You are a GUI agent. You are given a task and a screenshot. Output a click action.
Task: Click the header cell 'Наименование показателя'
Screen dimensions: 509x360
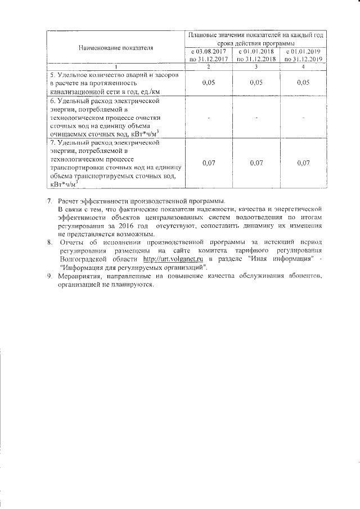[116, 47]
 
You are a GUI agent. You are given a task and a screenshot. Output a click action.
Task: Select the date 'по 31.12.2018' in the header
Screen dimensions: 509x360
[256, 58]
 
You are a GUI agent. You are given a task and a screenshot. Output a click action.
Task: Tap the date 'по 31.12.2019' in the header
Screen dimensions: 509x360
[303, 58]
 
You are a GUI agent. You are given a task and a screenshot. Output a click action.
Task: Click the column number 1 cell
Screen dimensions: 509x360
[116, 67]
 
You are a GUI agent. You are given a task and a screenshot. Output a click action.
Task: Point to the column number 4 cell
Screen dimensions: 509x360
[303, 67]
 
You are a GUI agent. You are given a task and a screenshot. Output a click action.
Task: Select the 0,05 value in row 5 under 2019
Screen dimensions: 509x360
[303, 83]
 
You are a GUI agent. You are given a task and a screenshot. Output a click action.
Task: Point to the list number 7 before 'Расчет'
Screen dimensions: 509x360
[49, 201]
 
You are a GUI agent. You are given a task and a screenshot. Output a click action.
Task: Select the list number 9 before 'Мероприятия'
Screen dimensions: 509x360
[49, 277]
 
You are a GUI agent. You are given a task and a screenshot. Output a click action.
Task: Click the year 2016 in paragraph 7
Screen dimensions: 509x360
[133, 226]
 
